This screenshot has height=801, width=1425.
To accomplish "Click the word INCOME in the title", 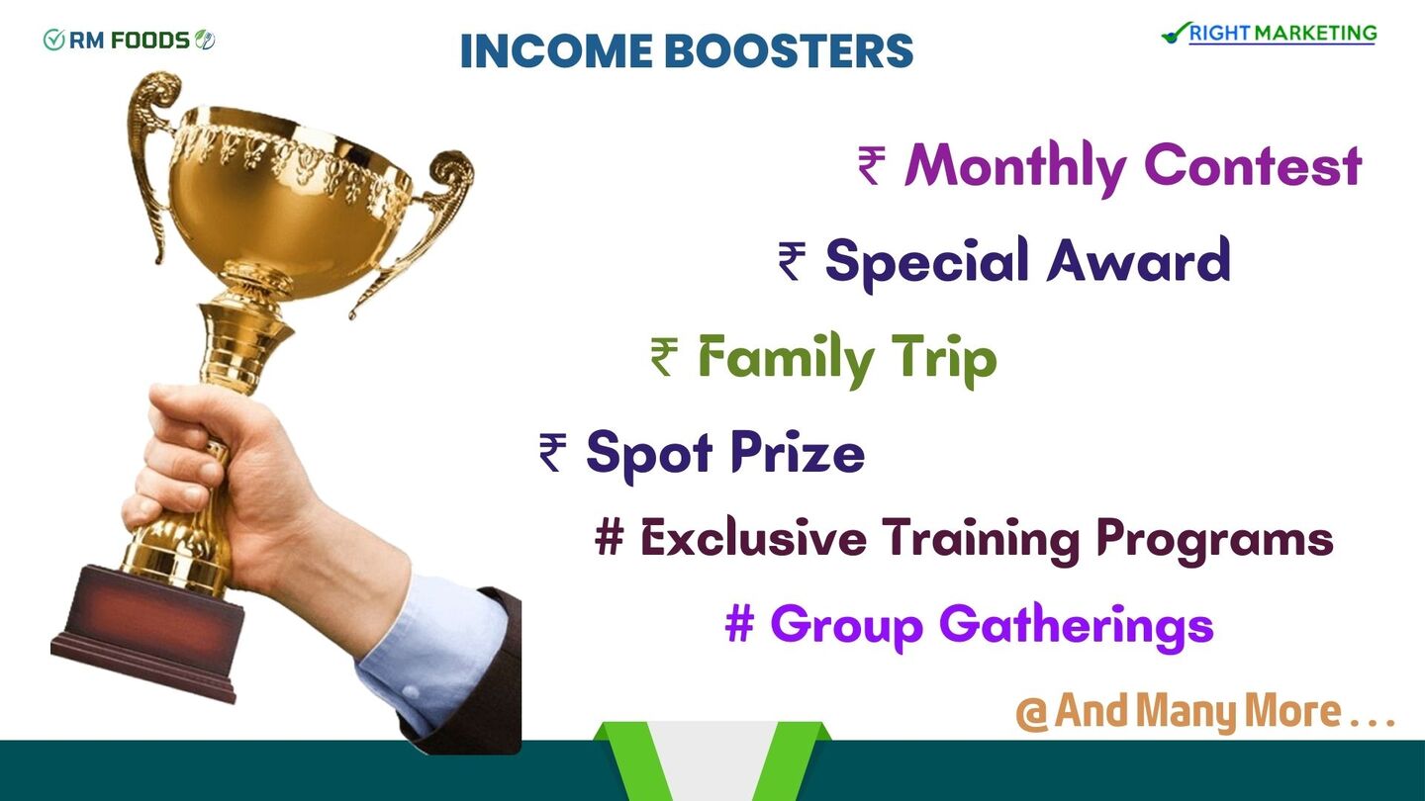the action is (556, 50).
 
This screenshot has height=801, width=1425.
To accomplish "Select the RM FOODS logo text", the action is (129, 40).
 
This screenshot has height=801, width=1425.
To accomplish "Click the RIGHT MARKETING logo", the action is (1270, 33).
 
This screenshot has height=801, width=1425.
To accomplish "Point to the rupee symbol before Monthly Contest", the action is (872, 165).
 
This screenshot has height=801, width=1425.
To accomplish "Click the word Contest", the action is (1253, 165).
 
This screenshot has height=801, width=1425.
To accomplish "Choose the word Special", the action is (926, 262).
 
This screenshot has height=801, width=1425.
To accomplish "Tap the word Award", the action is (1138, 259).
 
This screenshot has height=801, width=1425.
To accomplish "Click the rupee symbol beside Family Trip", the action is (664, 357).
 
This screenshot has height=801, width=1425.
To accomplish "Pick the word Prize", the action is (798, 451).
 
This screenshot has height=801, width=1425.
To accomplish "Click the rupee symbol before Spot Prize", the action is (552, 452).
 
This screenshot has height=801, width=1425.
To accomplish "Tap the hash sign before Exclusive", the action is (609, 537).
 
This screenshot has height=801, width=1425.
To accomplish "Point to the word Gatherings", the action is (1077, 627).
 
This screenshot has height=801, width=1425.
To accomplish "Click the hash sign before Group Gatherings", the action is (739, 624).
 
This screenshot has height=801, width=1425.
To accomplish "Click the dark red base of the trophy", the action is (146, 634).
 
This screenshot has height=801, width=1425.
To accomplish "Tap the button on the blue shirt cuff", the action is (410, 693).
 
